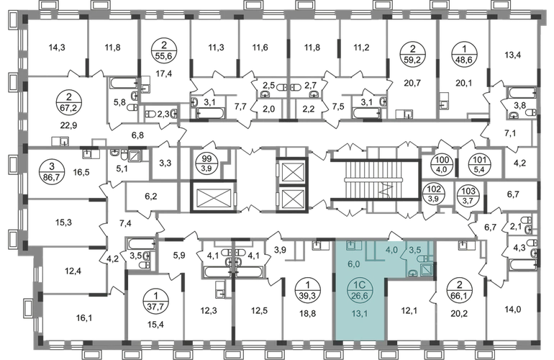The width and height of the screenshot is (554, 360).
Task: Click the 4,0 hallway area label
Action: [391, 251]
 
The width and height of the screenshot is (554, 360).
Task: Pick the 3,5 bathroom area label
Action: [414, 251]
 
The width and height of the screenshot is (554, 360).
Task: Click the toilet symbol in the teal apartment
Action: [423, 259]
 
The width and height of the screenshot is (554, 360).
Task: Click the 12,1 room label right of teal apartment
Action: [409, 312]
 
